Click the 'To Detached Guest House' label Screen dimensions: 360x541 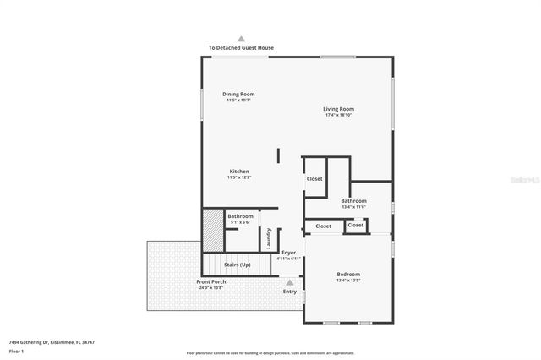[241, 47]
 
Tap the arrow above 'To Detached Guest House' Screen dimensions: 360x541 [241, 39]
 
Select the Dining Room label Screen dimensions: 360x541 [238, 94]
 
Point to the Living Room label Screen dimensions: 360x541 [338, 108]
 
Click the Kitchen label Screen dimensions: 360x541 [238, 172]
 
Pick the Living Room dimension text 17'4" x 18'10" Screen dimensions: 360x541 [338, 115]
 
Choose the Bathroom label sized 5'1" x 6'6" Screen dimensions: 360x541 [240, 216]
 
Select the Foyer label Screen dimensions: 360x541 [288, 252]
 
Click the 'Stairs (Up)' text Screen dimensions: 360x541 [237, 265]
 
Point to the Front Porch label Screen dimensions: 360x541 [211, 281]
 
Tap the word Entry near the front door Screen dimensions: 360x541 [290, 292]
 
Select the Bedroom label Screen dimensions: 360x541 [348, 274]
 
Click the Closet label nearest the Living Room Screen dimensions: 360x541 [314, 178]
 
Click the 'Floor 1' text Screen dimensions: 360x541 [16, 350]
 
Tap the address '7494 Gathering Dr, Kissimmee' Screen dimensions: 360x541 [51, 341]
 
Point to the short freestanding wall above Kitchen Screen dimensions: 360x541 [278, 155]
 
